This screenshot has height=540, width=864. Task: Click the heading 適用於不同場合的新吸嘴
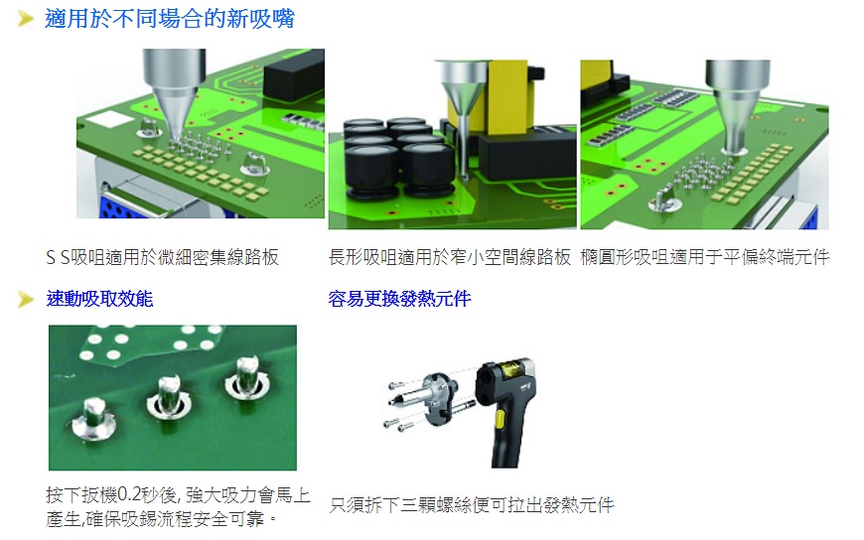[x=170, y=19]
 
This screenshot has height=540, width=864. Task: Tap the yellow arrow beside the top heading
[x=26, y=19]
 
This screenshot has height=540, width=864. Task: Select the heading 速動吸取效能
[x=99, y=299]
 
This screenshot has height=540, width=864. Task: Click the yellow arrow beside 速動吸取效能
[x=26, y=299]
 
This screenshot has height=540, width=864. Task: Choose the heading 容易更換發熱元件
[x=399, y=299]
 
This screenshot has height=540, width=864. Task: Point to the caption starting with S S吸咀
[x=163, y=257]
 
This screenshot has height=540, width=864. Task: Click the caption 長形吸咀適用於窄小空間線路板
[x=450, y=257]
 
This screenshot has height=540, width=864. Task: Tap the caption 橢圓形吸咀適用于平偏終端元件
[x=705, y=257]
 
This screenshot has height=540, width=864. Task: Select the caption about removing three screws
[x=472, y=504]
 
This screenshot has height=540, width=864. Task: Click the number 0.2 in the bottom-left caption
[x=129, y=494]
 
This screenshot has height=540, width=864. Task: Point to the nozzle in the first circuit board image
[x=174, y=93]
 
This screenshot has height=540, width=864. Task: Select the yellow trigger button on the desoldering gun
[x=500, y=421]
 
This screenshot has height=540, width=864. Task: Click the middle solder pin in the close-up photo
[x=168, y=398]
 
